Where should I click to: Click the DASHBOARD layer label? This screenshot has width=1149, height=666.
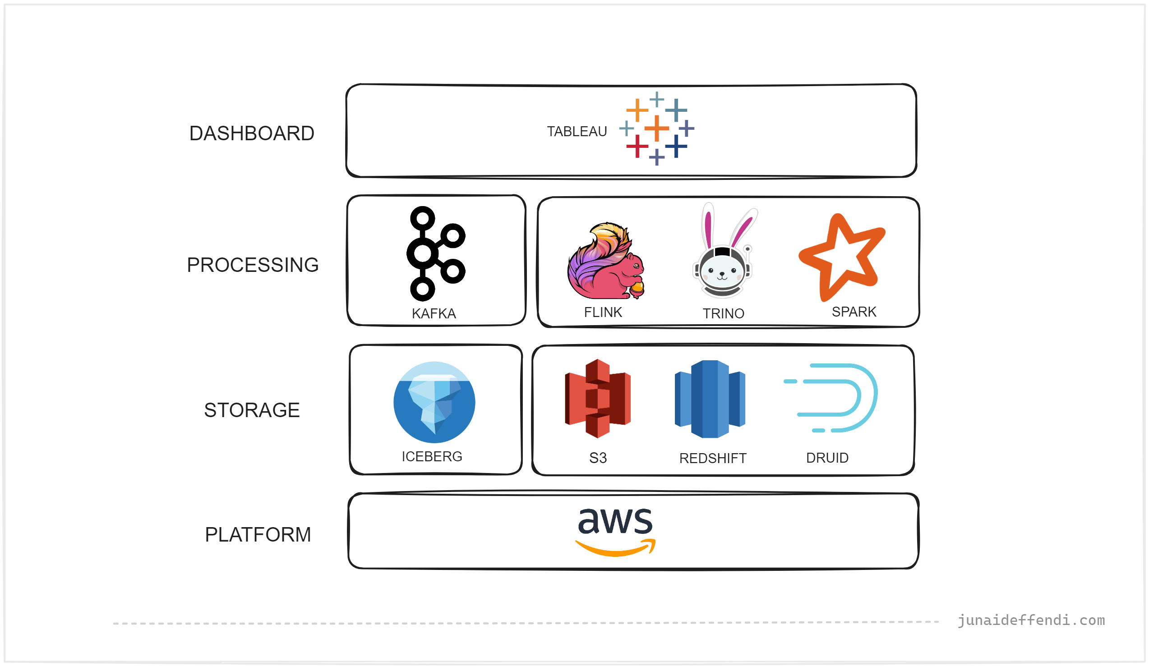tap(252, 133)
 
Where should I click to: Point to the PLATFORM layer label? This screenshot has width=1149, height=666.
tap(258, 535)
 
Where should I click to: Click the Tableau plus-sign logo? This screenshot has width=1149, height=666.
tap(656, 129)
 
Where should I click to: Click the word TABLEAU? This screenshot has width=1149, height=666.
tap(577, 132)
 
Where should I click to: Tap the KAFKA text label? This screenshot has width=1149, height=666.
tap(434, 314)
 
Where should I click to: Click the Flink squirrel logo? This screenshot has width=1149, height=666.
tap(605, 261)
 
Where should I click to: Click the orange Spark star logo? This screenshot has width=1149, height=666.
tap(841, 257)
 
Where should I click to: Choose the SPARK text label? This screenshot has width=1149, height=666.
tap(854, 312)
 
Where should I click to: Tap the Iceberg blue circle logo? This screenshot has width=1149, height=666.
tap(434, 403)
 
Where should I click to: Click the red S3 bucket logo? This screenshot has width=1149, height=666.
tap(598, 399)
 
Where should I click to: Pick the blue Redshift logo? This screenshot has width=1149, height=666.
tap(710, 400)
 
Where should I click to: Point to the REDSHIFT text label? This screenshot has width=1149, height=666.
tap(713, 459)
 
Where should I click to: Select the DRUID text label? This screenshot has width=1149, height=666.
tap(827, 458)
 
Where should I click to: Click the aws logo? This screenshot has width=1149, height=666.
tap(615, 532)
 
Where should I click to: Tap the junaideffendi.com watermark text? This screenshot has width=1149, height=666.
tap(1031, 620)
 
